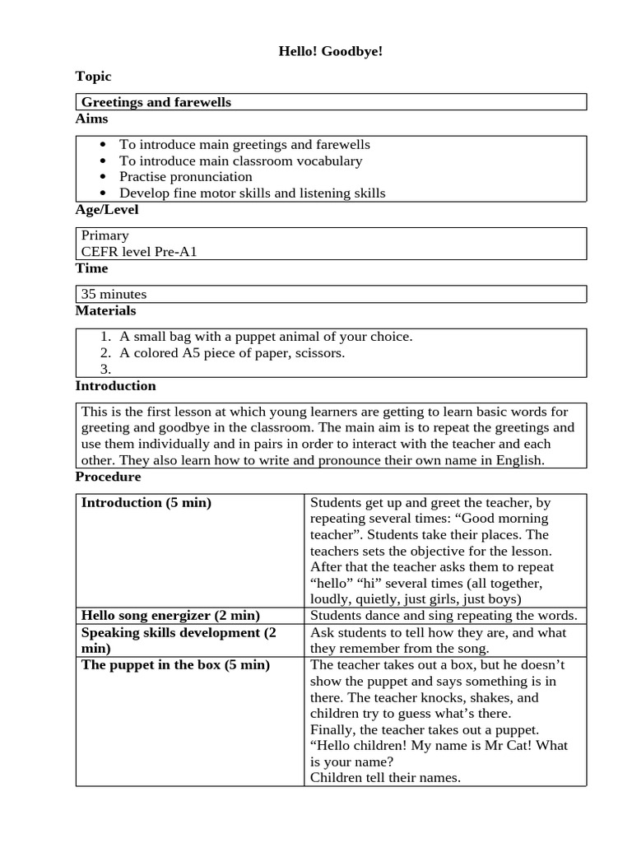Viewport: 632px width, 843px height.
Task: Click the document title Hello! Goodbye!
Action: (330, 52)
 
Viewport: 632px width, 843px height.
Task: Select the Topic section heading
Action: (93, 77)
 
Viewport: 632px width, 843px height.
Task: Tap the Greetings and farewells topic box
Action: (156, 102)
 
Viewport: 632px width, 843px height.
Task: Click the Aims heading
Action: (91, 119)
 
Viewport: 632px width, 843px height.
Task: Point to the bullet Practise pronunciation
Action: (185, 177)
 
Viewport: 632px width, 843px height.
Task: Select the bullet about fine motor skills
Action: (252, 193)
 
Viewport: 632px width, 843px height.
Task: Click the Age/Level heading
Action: (107, 210)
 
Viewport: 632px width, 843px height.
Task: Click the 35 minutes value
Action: (114, 294)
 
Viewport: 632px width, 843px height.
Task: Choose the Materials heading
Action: (105, 311)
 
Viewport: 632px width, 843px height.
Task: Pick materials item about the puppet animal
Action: (265, 337)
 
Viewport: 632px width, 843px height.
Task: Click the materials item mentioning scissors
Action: (231, 353)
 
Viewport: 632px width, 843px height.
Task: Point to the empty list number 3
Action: (105, 370)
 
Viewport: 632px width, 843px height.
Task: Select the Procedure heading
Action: (108, 477)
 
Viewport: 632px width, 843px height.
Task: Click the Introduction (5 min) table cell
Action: (146, 503)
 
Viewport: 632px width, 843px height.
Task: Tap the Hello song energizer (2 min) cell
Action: (170, 616)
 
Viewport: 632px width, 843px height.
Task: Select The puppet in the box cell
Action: (175, 665)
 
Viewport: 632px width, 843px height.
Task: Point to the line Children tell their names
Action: (384, 778)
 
